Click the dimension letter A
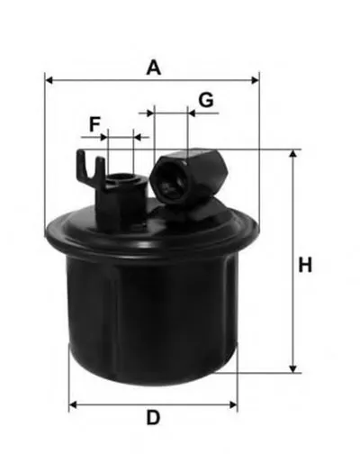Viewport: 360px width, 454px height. [x=154, y=67]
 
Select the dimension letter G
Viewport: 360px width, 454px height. [x=206, y=99]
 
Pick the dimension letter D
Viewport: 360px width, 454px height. [x=153, y=417]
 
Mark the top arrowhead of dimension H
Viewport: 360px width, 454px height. [x=292, y=156]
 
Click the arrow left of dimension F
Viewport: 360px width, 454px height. [x=86, y=137]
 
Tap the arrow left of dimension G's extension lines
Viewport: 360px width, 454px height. [x=145, y=113]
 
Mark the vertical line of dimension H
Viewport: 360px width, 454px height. [x=292, y=261]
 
